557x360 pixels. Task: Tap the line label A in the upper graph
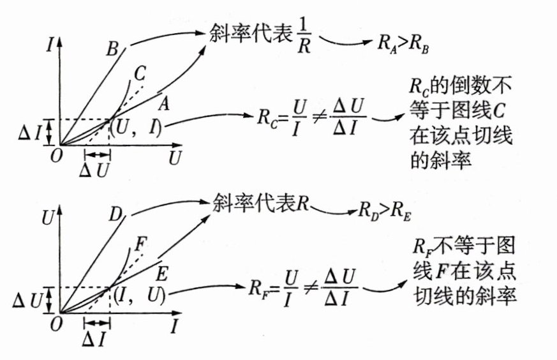click(x=163, y=101)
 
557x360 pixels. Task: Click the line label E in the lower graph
click(x=161, y=274)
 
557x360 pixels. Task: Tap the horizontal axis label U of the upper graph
click(x=175, y=157)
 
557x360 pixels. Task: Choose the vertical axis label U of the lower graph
click(x=47, y=217)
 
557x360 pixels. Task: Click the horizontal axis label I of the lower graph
click(x=174, y=326)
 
